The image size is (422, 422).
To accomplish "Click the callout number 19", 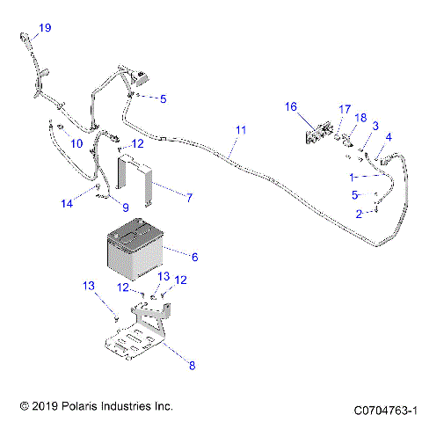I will [44, 28].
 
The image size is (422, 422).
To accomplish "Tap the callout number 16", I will [290, 107].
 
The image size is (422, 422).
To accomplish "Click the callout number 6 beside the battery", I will [194, 257].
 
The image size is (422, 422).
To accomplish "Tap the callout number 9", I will [125, 208].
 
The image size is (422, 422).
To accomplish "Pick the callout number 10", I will [76, 142].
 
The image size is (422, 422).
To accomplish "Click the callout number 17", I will [345, 109].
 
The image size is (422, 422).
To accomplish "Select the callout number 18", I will [360, 118].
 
